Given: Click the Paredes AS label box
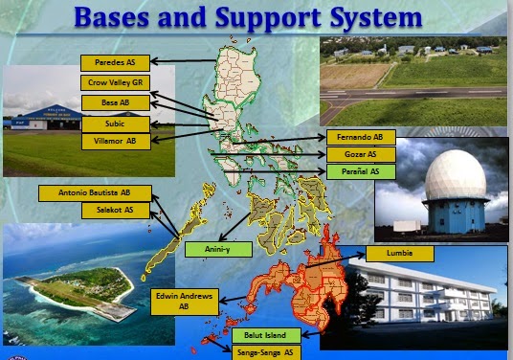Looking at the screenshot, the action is click(115, 63).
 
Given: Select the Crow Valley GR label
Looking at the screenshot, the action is click(115, 82).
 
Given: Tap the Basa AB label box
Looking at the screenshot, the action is click(116, 102).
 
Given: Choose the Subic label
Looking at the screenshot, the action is click(116, 124).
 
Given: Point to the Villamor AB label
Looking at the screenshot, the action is click(116, 142).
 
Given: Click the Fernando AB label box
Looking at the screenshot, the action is click(361, 138).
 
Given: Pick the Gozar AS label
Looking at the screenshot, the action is click(361, 154).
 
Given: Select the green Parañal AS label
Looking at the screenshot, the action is click(361, 171).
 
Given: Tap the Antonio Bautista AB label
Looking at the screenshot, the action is click(95, 193).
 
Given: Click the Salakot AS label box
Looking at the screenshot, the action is click(116, 211).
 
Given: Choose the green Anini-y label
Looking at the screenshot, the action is click(218, 249).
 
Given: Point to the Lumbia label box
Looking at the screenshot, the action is click(400, 254).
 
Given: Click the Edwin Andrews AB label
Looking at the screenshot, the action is click(185, 302).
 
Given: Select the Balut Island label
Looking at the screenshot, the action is click(266, 335).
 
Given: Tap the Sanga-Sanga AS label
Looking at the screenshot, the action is click(266, 352).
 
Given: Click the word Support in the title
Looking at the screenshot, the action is click(268, 17).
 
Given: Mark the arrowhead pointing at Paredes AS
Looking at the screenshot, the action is click(155, 61).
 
